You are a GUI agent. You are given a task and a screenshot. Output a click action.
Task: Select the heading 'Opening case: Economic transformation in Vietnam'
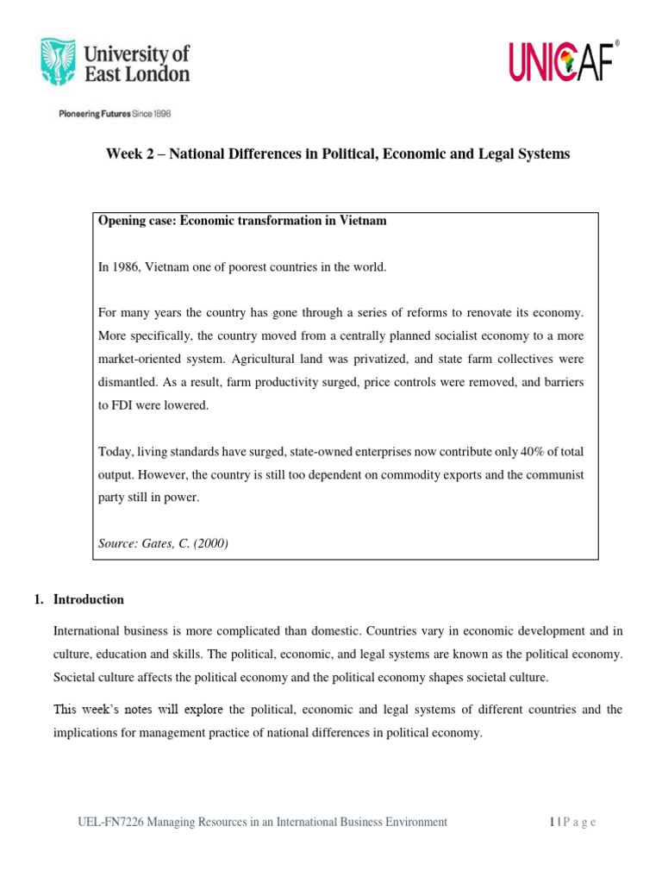click(242, 221)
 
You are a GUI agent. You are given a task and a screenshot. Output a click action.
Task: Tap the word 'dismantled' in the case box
click(128, 382)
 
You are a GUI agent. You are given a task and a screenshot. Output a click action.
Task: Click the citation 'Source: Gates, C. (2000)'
click(163, 543)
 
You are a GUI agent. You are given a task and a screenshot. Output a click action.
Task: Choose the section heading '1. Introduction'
click(80, 599)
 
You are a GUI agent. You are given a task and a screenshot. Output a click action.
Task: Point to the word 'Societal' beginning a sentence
click(76, 678)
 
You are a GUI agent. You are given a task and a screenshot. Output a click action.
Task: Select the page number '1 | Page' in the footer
click(572, 822)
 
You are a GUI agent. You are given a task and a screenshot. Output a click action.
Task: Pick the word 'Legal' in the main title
click(490, 154)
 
